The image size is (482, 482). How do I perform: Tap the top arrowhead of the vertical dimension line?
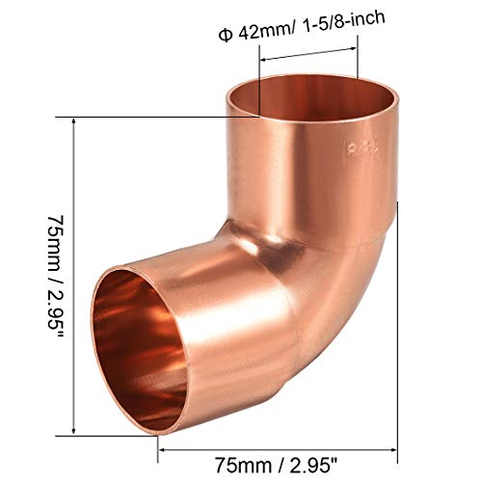[x=75, y=120]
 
